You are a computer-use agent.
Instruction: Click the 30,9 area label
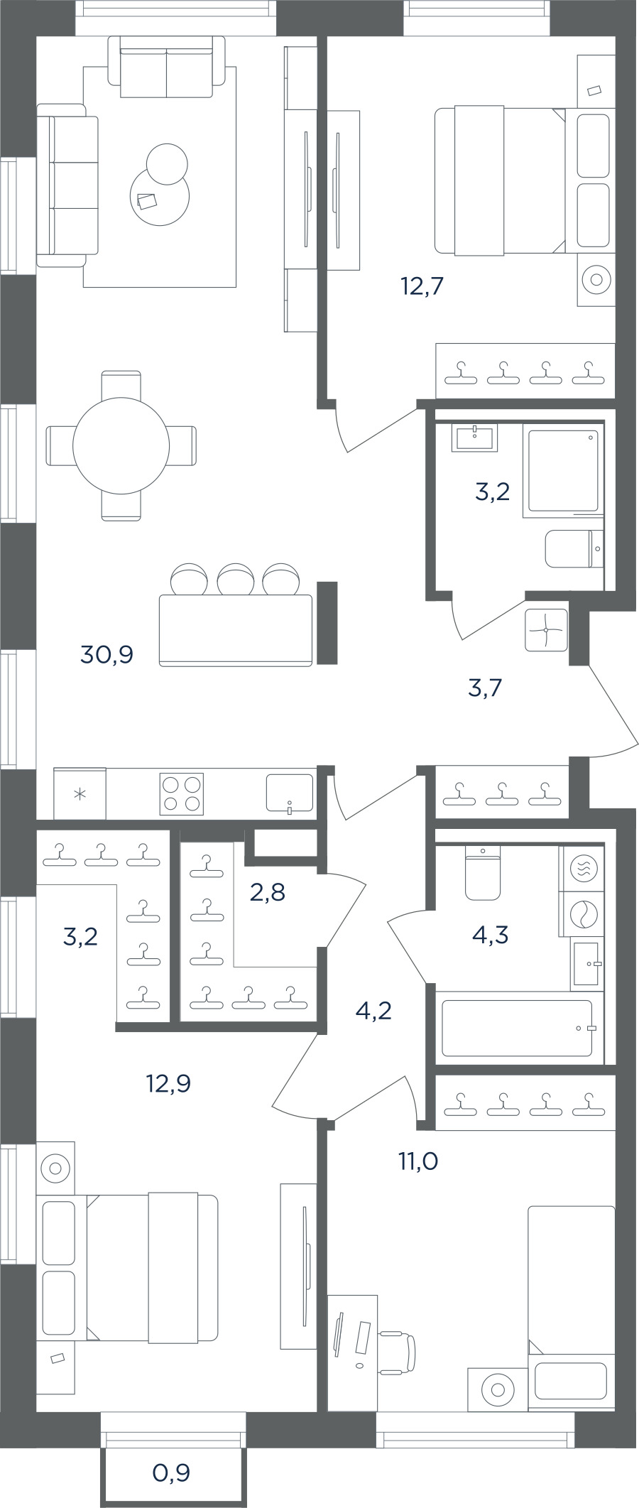(x=107, y=654)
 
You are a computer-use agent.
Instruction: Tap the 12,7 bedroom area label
(x=422, y=286)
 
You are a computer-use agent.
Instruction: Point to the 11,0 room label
(x=417, y=1161)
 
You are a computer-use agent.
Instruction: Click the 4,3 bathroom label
(x=490, y=935)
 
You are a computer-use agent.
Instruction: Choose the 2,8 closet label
(x=268, y=891)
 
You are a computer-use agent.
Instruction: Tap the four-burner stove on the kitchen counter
(x=182, y=793)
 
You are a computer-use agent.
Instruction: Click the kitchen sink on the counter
(x=289, y=793)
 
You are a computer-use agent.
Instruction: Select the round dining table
(x=121, y=445)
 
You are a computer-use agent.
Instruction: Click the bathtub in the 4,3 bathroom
(x=517, y=1028)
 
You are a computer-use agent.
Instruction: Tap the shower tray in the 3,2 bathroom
(x=562, y=469)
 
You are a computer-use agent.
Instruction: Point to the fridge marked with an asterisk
(x=80, y=793)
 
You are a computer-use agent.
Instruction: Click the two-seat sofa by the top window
(x=167, y=67)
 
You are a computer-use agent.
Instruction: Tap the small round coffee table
(x=167, y=163)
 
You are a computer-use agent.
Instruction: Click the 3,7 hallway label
(x=486, y=688)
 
